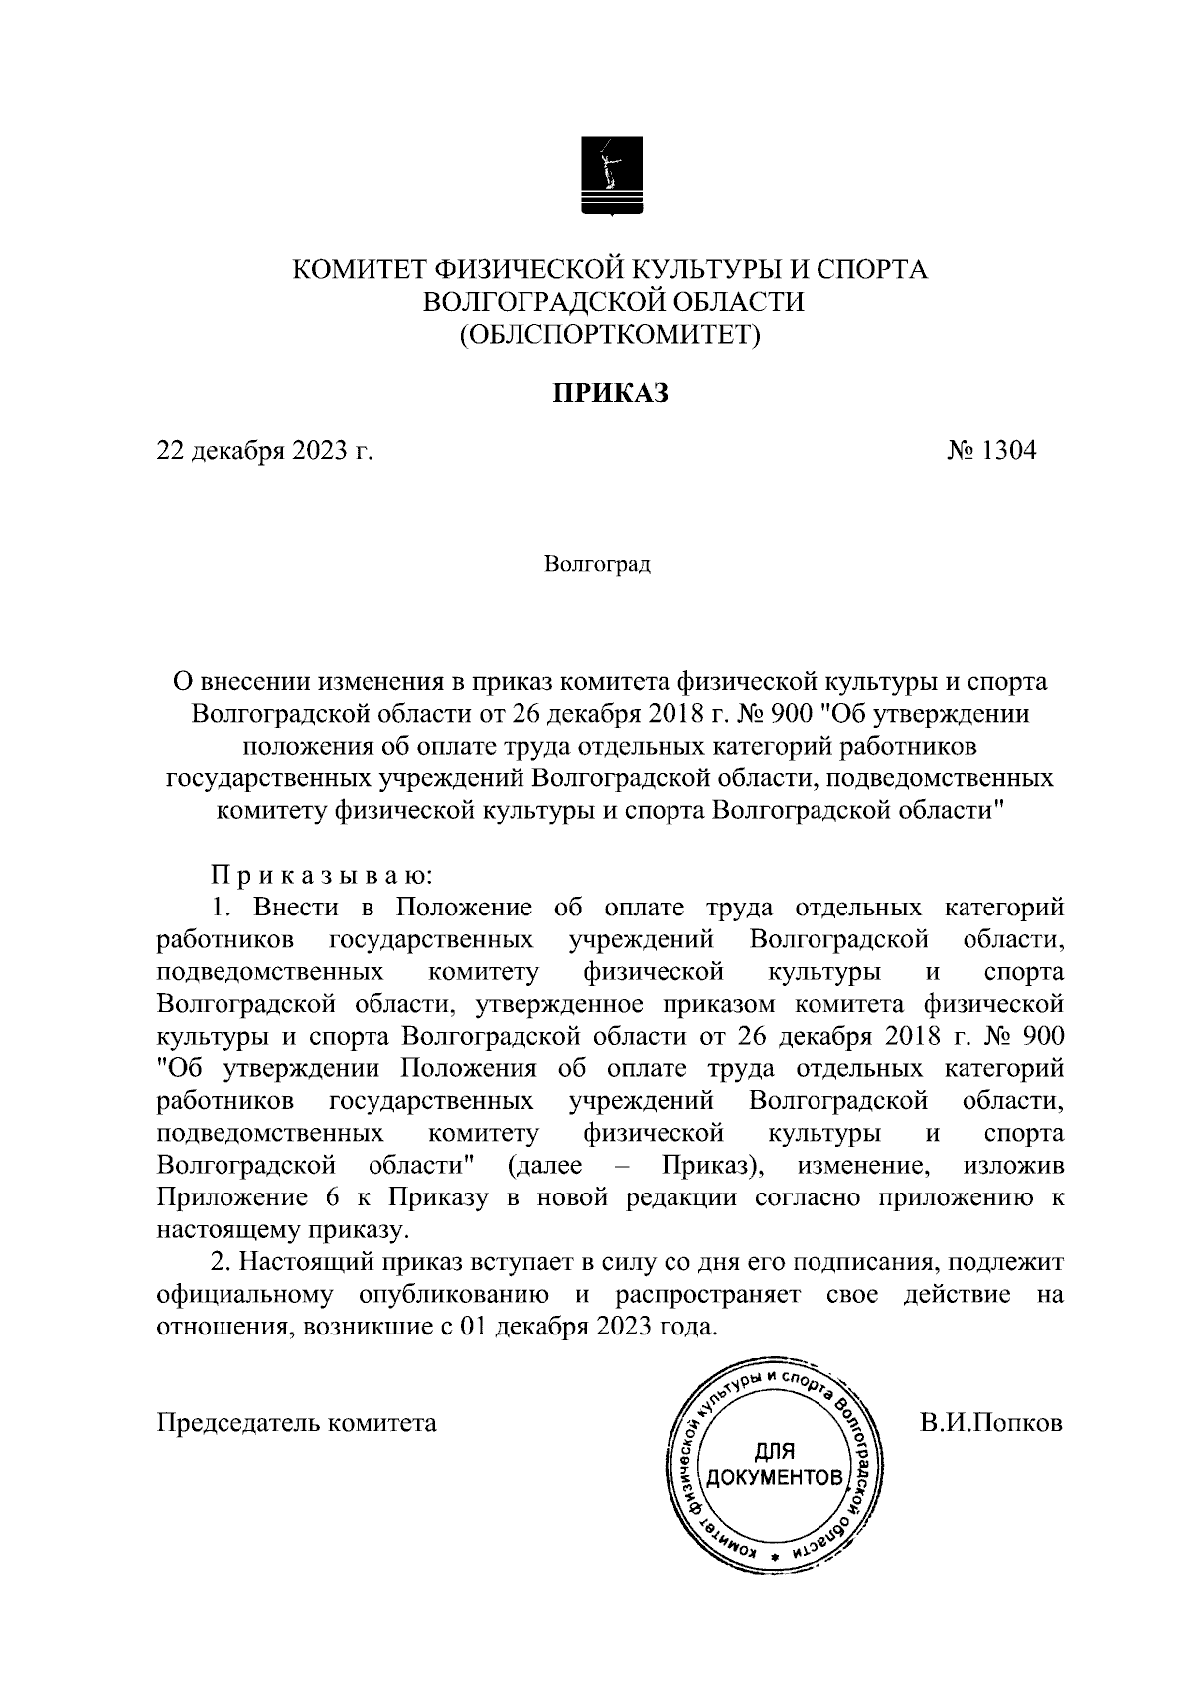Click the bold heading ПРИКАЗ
click(x=610, y=393)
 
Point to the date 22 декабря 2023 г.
click(x=264, y=452)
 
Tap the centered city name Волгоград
click(x=597, y=566)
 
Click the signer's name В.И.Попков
click(x=990, y=1422)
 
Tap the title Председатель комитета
click(x=297, y=1423)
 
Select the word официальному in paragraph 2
click(x=243, y=1295)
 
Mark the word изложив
click(x=1013, y=1166)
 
